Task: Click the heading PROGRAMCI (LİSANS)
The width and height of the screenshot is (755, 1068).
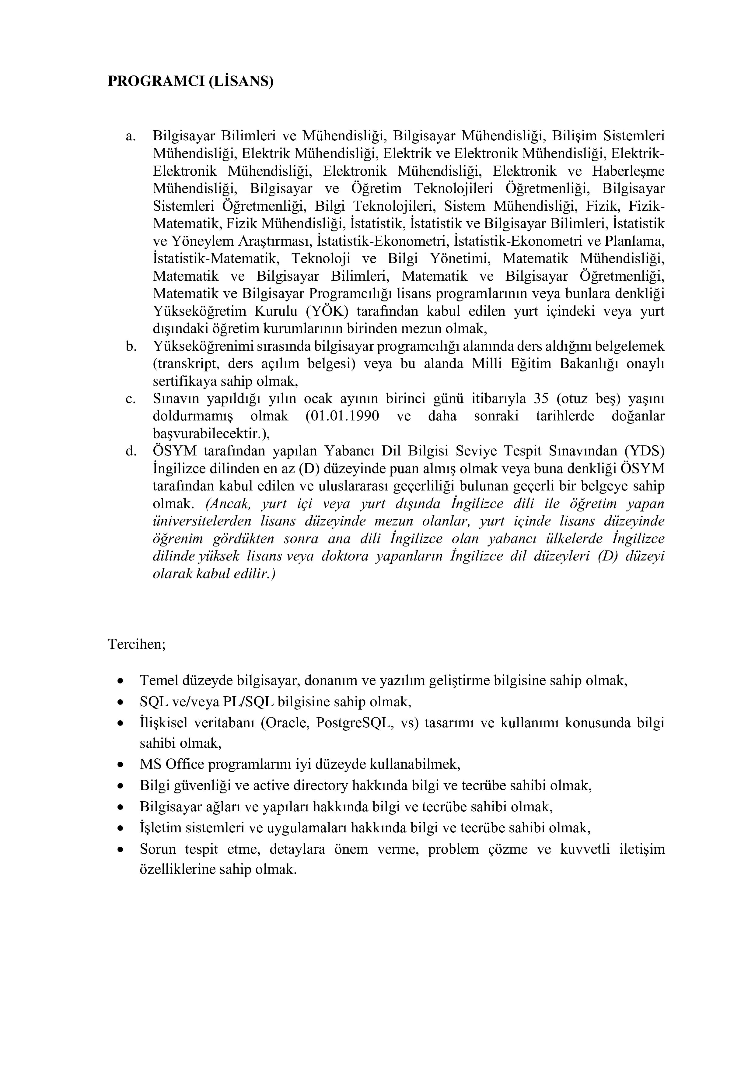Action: (x=190, y=81)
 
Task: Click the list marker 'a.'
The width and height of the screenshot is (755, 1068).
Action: (x=130, y=136)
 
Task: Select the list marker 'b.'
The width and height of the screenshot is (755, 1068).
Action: (x=131, y=346)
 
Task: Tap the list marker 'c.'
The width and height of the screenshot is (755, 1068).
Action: (x=130, y=399)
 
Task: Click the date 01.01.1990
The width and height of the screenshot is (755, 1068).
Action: (x=342, y=416)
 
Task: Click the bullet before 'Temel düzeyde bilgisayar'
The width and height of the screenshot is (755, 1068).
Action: (x=121, y=681)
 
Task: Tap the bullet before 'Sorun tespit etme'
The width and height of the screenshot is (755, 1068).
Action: (x=121, y=849)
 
